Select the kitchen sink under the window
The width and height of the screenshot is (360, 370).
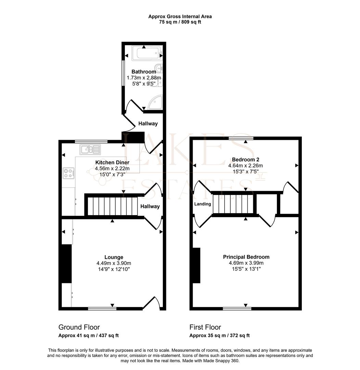[x=90, y=149]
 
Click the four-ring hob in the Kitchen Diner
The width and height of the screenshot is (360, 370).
[x=69, y=173]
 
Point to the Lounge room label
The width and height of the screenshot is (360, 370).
[x=114, y=257]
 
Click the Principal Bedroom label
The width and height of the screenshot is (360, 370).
[x=246, y=257]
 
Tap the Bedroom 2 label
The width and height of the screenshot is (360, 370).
[x=245, y=160]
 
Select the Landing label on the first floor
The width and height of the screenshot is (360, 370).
[x=203, y=204]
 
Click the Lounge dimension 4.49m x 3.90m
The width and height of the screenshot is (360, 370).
[x=114, y=263]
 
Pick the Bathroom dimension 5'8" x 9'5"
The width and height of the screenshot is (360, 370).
[x=144, y=83]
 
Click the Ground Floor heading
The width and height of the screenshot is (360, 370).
[x=79, y=327]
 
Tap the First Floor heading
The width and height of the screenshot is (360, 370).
[x=205, y=327]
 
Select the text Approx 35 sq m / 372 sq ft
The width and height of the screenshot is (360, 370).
[x=219, y=336]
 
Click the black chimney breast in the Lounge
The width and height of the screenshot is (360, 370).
[x=66, y=263]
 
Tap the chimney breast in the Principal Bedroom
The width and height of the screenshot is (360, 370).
[x=196, y=266]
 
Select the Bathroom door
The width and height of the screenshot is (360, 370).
[x=134, y=106]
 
